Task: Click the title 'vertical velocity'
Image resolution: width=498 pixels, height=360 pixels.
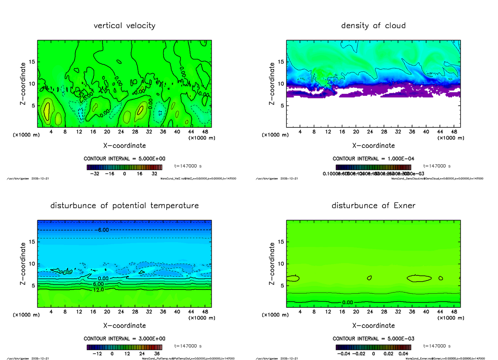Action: point(124,26)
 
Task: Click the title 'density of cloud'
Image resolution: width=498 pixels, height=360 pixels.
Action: point(373,26)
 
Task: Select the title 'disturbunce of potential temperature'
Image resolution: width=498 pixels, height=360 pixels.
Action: point(124,206)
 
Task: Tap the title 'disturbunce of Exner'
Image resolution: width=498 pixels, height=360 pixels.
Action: point(373,206)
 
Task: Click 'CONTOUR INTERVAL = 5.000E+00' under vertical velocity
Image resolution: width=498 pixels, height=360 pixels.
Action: point(124,159)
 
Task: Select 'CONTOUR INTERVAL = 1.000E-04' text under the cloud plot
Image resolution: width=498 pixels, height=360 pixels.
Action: point(373,159)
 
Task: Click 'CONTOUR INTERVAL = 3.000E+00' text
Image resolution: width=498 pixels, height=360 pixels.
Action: point(124,339)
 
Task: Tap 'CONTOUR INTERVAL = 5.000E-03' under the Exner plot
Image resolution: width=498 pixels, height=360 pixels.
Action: point(373,339)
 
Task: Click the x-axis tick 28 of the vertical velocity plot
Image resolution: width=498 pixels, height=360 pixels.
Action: point(135,132)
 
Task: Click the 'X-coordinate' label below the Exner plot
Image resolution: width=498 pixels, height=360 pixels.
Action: point(373,326)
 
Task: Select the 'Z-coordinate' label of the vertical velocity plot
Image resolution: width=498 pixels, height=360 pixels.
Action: point(24,83)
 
